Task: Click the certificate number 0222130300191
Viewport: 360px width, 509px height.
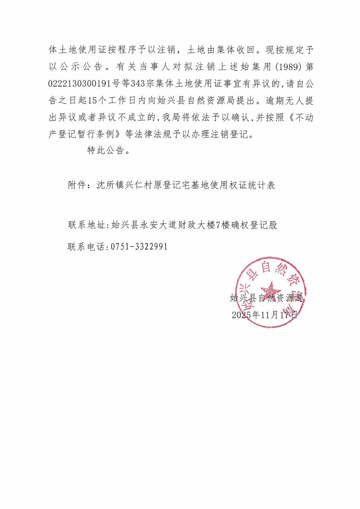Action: pos(80,83)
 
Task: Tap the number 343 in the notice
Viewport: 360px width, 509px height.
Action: pos(138,83)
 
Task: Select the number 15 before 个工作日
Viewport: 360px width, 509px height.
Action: pos(93,100)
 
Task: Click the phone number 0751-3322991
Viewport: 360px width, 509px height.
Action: pos(139,246)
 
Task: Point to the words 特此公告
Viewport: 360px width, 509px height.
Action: pos(106,150)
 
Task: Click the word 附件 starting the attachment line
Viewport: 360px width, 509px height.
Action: pos(77,185)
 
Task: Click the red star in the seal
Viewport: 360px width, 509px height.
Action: pos(271,289)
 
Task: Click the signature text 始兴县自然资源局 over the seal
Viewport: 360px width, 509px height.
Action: pos(266,298)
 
